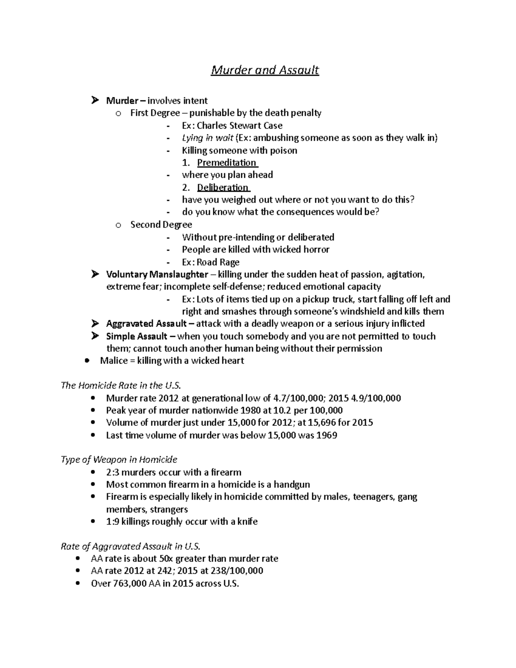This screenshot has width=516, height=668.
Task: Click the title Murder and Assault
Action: (264, 70)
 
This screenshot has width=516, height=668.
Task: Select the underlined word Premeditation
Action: (227, 163)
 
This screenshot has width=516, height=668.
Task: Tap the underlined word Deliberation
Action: (223, 188)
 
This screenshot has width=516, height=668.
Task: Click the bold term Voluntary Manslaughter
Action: (157, 274)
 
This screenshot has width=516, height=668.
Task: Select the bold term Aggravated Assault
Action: (146, 323)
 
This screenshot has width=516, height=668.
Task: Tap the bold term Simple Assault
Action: (137, 336)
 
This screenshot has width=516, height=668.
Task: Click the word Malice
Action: (114, 360)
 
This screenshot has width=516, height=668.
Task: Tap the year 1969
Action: (326, 435)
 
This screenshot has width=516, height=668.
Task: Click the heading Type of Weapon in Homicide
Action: (119, 459)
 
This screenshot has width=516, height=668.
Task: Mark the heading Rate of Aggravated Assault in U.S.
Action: (131, 546)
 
